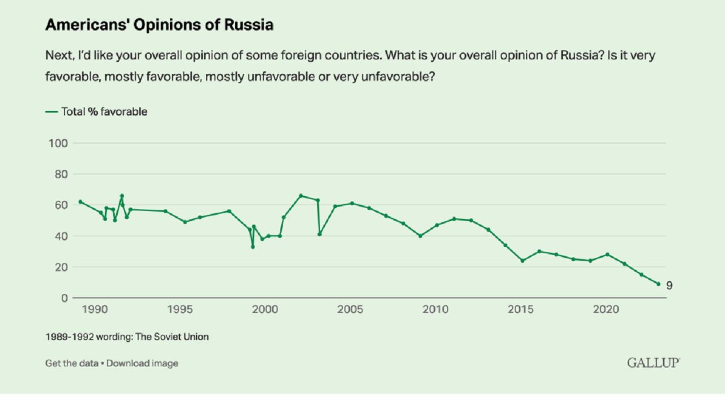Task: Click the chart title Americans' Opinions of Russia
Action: click(x=159, y=25)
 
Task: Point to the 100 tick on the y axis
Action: click(x=57, y=143)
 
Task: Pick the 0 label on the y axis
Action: click(x=64, y=298)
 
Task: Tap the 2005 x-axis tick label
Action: click(x=350, y=310)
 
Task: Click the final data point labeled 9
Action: click(x=658, y=284)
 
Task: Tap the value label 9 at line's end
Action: click(x=669, y=286)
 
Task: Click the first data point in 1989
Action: click(x=80, y=202)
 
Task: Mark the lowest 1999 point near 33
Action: click(x=253, y=247)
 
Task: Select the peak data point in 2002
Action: click(x=301, y=196)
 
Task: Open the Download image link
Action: click(x=142, y=363)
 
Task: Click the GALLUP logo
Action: click(x=653, y=363)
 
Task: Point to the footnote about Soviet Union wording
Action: click(x=127, y=337)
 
